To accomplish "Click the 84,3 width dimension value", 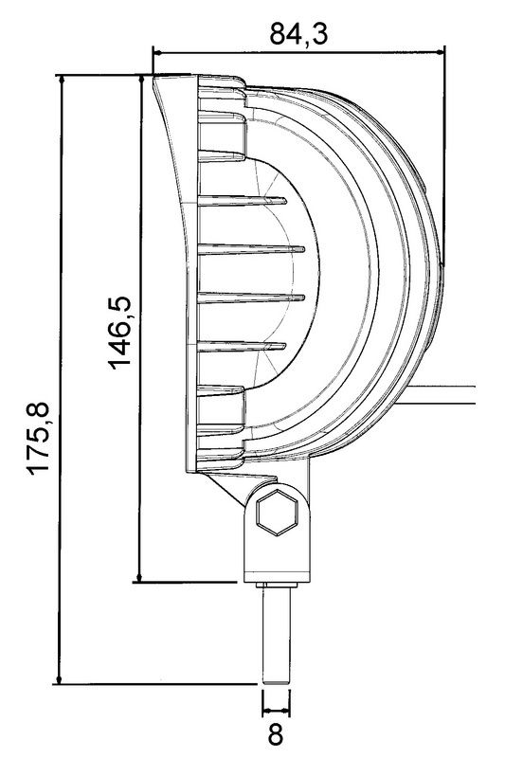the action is [298, 34].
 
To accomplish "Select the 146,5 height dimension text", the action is [119, 333].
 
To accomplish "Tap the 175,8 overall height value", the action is [39, 438].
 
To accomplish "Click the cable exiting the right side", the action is [443, 394].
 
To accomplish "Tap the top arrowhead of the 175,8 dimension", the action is [61, 83].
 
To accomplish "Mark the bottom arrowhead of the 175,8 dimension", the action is [59, 676].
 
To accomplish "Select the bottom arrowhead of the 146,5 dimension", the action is [139, 574].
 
